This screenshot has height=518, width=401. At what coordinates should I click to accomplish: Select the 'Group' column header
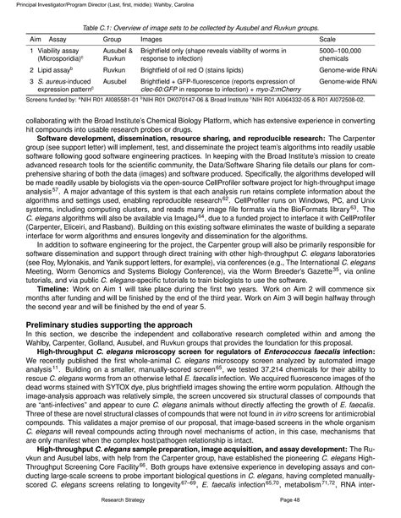click(x=113, y=40)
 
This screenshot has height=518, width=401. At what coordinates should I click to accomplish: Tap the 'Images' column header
click(x=151, y=40)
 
